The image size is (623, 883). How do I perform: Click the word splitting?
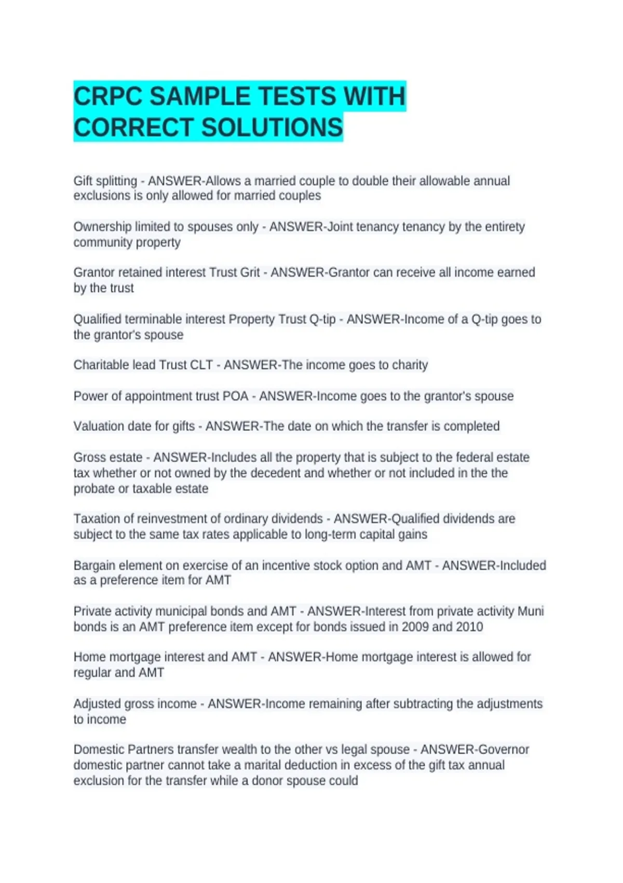click(x=117, y=181)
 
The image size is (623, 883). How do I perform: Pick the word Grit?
click(x=250, y=273)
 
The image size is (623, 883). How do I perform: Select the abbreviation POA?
click(x=235, y=396)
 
